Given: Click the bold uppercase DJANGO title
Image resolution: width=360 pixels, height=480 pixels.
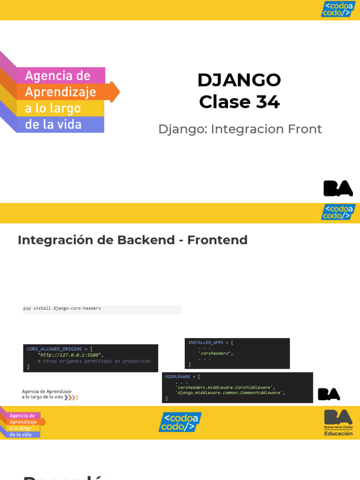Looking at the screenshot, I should pyautogui.click(x=239, y=80).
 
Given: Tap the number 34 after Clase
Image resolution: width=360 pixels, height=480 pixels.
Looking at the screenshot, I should pyautogui.click(x=268, y=102).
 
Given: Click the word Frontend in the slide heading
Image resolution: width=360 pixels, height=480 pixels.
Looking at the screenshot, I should pyautogui.click(x=217, y=240).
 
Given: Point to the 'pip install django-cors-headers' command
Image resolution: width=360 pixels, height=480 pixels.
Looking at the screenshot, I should pyautogui.click(x=62, y=308).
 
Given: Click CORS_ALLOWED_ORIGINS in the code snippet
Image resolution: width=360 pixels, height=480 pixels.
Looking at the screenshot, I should pyautogui.click(x=54, y=349).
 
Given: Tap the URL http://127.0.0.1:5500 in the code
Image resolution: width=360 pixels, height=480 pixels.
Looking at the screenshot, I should pyautogui.click(x=70, y=355).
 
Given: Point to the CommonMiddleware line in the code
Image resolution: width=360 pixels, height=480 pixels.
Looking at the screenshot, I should pyautogui.click(x=230, y=393).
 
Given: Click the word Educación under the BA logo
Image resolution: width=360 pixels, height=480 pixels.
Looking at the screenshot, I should pyautogui.click(x=338, y=434).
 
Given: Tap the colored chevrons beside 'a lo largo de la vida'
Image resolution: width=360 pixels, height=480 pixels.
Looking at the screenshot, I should pyautogui.click(x=71, y=397).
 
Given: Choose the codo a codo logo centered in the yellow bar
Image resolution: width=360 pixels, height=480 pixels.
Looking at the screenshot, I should pyautogui.click(x=180, y=422).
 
